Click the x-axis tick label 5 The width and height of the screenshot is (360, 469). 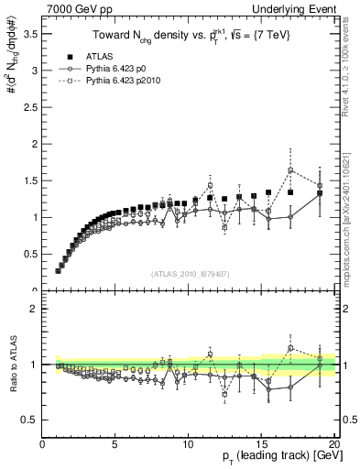click(x=115, y=444)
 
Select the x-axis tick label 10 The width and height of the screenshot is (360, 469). click(x=188, y=444)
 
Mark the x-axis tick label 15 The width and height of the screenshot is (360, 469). click(x=261, y=444)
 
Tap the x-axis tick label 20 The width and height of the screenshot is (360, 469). click(x=333, y=444)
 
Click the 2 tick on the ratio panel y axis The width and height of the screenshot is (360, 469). click(x=35, y=309)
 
